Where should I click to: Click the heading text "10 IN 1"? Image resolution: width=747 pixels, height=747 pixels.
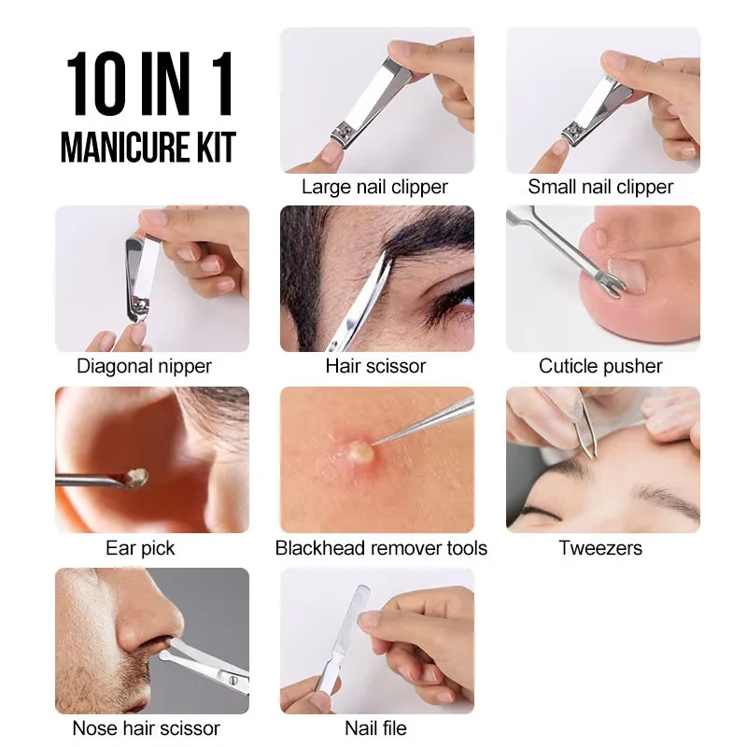pyautogui.click(x=149, y=87)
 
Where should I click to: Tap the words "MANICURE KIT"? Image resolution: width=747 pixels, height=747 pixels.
pyautogui.click(x=148, y=147)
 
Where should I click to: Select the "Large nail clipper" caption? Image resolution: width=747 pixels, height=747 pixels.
pyautogui.click(x=374, y=187)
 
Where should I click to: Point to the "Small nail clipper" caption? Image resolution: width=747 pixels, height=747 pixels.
pyautogui.click(x=600, y=187)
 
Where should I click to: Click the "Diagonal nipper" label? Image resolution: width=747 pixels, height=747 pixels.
pyautogui.click(x=144, y=366)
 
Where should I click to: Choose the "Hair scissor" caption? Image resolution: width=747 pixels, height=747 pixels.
pyautogui.click(x=375, y=366)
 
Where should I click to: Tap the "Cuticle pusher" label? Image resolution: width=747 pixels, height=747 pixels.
pyautogui.click(x=600, y=366)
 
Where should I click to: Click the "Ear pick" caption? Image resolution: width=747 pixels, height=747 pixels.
pyautogui.click(x=140, y=547)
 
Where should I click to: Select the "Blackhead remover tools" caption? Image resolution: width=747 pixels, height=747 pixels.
pyautogui.click(x=381, y=547)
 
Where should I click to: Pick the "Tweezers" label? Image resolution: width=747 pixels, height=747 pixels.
pyautogui.click(x=600, y=547)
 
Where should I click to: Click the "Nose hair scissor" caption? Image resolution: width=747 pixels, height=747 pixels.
pyautogui.click(x=147, y=727)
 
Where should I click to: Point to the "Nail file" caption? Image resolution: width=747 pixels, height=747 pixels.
pyautogui.click(x=375, y=727)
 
